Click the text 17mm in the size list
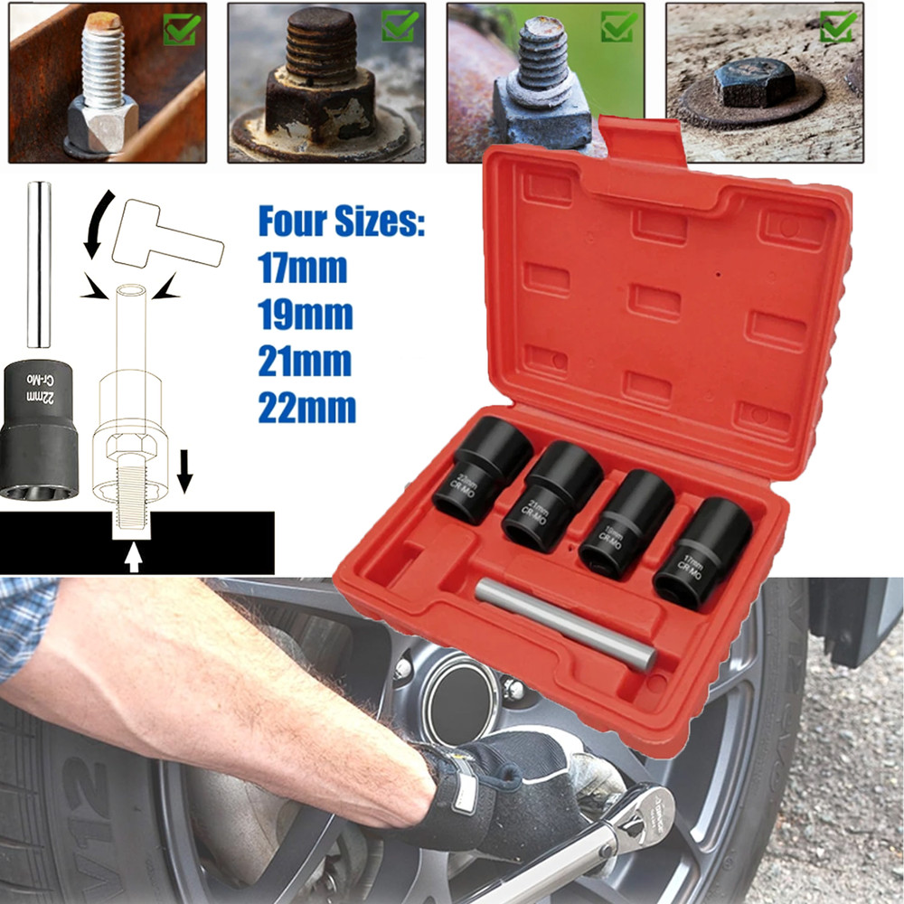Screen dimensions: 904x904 (x=303, y=268)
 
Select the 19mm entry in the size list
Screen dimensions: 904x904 (x=305, y=315)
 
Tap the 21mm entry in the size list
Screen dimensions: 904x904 (x=305, y=362)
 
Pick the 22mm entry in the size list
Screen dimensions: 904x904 (x=306, y=408)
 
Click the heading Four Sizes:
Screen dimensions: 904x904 (x=341, y=221)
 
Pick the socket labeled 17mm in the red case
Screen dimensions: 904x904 (x=702, y=551)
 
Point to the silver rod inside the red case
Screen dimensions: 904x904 (x=565, y=624)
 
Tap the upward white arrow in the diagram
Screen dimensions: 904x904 (x=133, y=559)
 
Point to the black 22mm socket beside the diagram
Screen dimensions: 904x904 (x=39, y=429)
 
